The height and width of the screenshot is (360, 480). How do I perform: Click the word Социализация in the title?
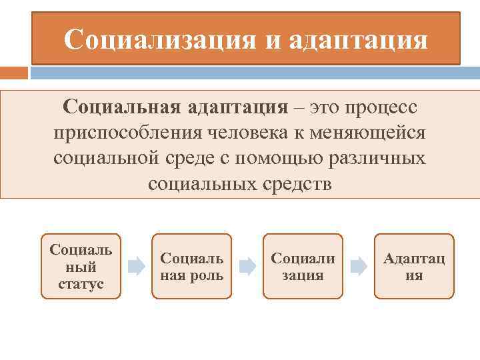(x=159, y=40)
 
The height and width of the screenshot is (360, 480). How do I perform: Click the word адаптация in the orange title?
(x=357, y=40)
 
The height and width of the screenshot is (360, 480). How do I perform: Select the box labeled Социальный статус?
(x=81, y=266)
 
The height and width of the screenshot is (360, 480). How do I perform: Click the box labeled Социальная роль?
(x=192, y=266)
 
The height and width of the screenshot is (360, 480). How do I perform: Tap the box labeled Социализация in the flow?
(x=303, y=266)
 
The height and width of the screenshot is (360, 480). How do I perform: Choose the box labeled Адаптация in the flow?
(x=414, y=266)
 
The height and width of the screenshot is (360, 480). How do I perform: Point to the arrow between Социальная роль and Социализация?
(x=247, y=267)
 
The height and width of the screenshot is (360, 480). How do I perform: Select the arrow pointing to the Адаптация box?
(x=359, y=267)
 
